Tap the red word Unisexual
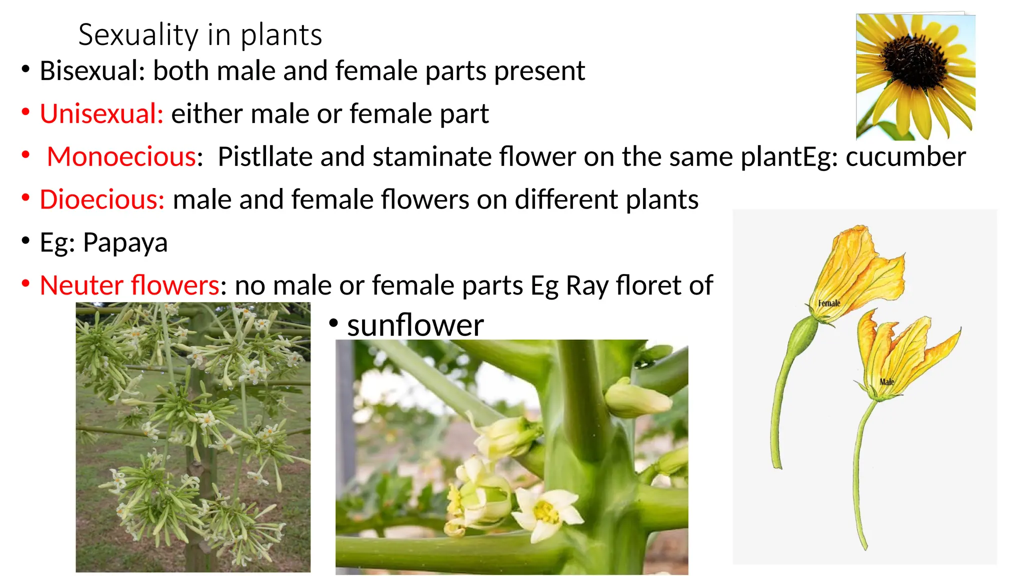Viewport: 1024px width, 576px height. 101,113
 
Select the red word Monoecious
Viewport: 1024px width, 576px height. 121,156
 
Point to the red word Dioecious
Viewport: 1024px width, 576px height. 102,199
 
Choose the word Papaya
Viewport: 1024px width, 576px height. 125,243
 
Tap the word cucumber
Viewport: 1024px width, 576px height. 905,156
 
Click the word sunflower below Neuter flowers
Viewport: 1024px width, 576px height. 415,325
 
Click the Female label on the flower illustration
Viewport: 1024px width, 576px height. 829,303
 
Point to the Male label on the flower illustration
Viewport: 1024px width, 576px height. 886,382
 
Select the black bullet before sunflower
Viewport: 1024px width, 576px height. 333,323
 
